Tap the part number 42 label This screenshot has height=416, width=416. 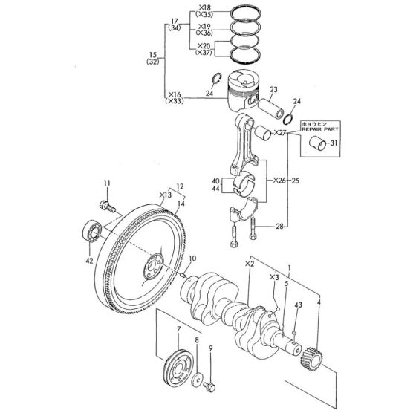tap(90, 260)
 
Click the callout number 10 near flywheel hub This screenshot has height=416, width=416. tap(192, 258)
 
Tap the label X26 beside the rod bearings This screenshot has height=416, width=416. tap(279, 180)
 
